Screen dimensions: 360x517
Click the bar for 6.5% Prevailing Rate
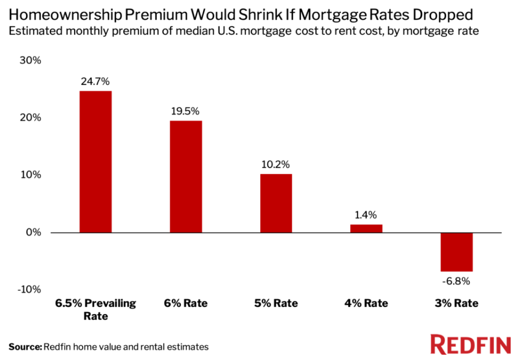pyautogui.click(x=95, y=161)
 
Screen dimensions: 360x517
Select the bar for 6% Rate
pyautogui.click(x=185, y=176)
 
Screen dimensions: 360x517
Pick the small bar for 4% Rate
pyautogui.click(x=366, y=228)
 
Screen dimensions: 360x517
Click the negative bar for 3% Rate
pyautogui.click(x=456, y=252)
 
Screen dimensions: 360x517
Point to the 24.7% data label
pyautogui.click(x=95, y=82)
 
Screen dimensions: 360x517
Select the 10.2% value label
pyautogui.click(x=276, y=164)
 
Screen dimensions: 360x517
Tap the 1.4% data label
pyautogui.click(x=366, y=215)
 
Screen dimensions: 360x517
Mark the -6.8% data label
pyautogui.click(x=456, y=281)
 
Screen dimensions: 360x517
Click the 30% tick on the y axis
pyautogui.click(x=30, y=60)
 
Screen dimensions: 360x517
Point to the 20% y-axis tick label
pyautogui.click(x=30, y=118)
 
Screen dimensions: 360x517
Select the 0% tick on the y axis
pyautogui.click(x=33, y=232)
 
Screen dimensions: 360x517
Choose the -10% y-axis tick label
pyautogui.click(x=29, y=290)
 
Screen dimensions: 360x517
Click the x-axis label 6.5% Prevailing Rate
pyautogui.click(x=96, y=310)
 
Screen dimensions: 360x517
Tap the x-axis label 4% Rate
pyautogui.click(x=366, y=303)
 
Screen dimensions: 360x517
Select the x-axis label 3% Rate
pyautogui.click(x=456, y=303)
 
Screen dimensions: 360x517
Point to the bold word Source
pyautogui.click(x=24, y=347)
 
